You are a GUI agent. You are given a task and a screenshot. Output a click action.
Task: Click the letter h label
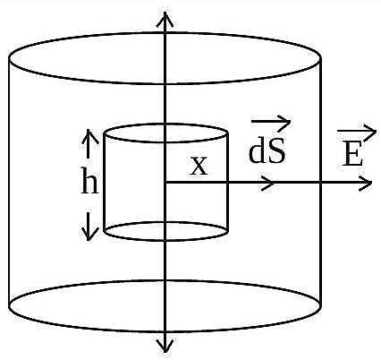pos(89,180)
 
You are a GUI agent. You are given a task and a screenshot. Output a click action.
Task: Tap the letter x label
pos(199,167)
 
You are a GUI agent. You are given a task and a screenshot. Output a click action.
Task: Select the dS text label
pos(267,152)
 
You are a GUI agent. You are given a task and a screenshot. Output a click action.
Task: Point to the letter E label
pos(352,154)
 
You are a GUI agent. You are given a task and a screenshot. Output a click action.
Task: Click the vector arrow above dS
pos(271,122)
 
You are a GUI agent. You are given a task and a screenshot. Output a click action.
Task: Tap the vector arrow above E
pos(357,132)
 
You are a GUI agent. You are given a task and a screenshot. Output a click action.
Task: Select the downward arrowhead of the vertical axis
pos(165,346)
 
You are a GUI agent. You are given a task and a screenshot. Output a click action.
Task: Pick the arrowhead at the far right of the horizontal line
pos(366,183)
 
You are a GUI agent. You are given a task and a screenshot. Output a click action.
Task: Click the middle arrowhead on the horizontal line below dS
pos(267,183)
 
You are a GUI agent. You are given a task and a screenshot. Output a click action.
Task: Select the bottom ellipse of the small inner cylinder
pos(165,240)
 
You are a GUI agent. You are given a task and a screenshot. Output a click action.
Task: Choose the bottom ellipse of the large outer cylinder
pos(165,331)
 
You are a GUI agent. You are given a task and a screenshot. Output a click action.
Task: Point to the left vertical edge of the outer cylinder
pos(9,182)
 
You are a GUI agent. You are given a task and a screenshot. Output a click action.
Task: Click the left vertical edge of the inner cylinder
pos(105,182)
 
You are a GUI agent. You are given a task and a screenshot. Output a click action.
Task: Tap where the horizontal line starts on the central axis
pos(165,183)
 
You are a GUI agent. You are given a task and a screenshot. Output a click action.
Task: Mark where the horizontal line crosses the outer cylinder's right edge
pos(320,183)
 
